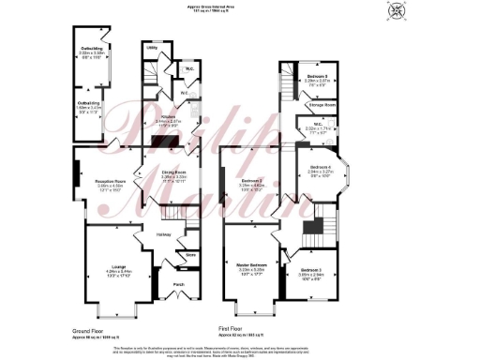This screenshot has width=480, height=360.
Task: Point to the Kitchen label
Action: point(167,116)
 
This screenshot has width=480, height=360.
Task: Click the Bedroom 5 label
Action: point(320,75)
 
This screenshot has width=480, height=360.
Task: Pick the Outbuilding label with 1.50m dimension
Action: point(88,104)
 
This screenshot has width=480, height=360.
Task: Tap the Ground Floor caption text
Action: point(90,331)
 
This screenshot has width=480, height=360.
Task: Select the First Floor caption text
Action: point(232,330)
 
